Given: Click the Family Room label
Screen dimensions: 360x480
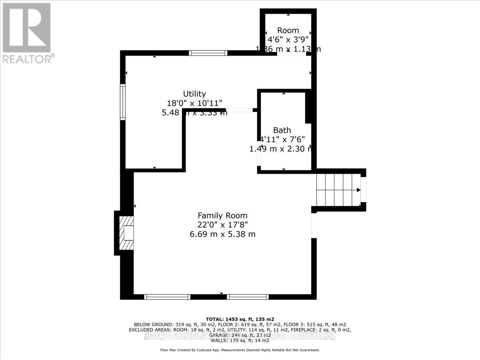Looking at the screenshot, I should click(222, 215).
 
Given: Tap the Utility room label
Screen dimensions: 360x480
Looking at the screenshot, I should click(194, 94).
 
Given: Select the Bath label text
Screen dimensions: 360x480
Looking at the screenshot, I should click(282, 130).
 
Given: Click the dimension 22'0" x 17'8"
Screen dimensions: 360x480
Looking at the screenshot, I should click(222, 225).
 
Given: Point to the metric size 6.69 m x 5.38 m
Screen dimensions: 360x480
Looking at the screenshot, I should click(222, 234).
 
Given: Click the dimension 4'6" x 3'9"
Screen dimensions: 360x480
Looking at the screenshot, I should click(288, 40).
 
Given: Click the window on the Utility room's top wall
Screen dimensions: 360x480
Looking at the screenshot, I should click(208, 52).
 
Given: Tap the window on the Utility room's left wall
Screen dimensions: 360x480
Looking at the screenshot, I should click(123, 102).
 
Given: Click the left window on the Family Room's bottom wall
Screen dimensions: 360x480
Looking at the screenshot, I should click(167, 297).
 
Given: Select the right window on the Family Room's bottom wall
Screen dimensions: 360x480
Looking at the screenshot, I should click(247, 297).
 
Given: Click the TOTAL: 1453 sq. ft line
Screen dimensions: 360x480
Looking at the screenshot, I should click(240, 319).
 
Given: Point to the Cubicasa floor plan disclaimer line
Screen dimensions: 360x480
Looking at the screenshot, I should click(240, 350).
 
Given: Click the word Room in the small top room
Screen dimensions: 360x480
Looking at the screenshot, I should click(288, 30).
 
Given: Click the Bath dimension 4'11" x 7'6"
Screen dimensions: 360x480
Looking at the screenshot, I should click(282, 139).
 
